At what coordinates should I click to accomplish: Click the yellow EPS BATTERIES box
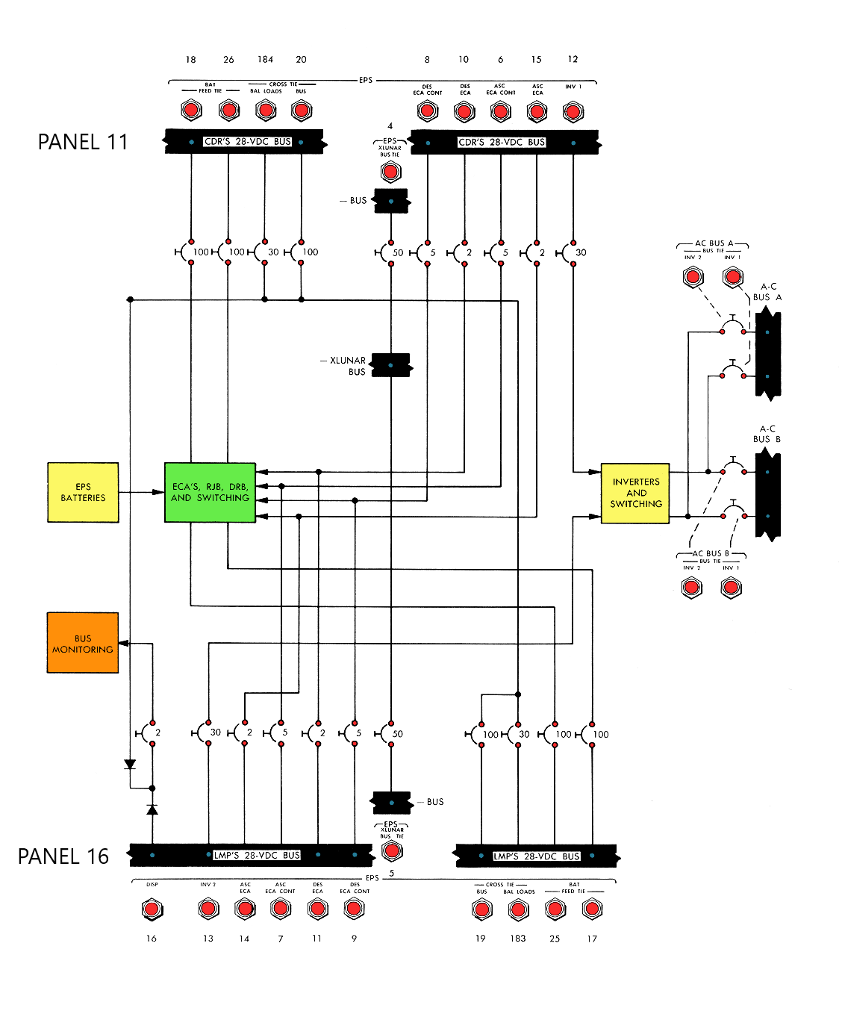click(83, 492)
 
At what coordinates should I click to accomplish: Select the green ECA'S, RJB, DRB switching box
click(210, 492)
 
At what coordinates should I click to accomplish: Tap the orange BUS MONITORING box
click(83, 643)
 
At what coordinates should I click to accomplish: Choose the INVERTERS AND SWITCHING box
click(635, 493)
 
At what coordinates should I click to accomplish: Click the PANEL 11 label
click(83, 142)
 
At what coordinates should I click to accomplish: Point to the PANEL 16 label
click(63, 856)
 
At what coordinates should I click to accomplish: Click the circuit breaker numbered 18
click(191, 111)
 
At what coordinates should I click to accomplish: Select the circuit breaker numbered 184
click(266, 111)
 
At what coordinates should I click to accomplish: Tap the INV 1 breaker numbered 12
click(573, 111)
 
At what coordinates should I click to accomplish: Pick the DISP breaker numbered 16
click(152, 909)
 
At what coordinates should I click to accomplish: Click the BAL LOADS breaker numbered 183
click(518, 909)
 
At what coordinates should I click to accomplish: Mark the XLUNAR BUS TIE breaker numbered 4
click(390, 172)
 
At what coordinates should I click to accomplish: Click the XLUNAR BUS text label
click(348, 366)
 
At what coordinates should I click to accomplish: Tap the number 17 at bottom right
click(592, 939)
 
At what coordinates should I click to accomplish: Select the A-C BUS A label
click(767, 292)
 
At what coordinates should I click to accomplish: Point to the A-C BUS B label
click(767, 434)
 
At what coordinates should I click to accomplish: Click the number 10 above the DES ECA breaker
click(464, 60)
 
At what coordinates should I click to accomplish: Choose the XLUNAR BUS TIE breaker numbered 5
click(392, 850)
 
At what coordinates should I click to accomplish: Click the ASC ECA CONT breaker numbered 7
click(281, 909)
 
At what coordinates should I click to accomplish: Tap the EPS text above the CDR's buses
click(366, 80)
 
